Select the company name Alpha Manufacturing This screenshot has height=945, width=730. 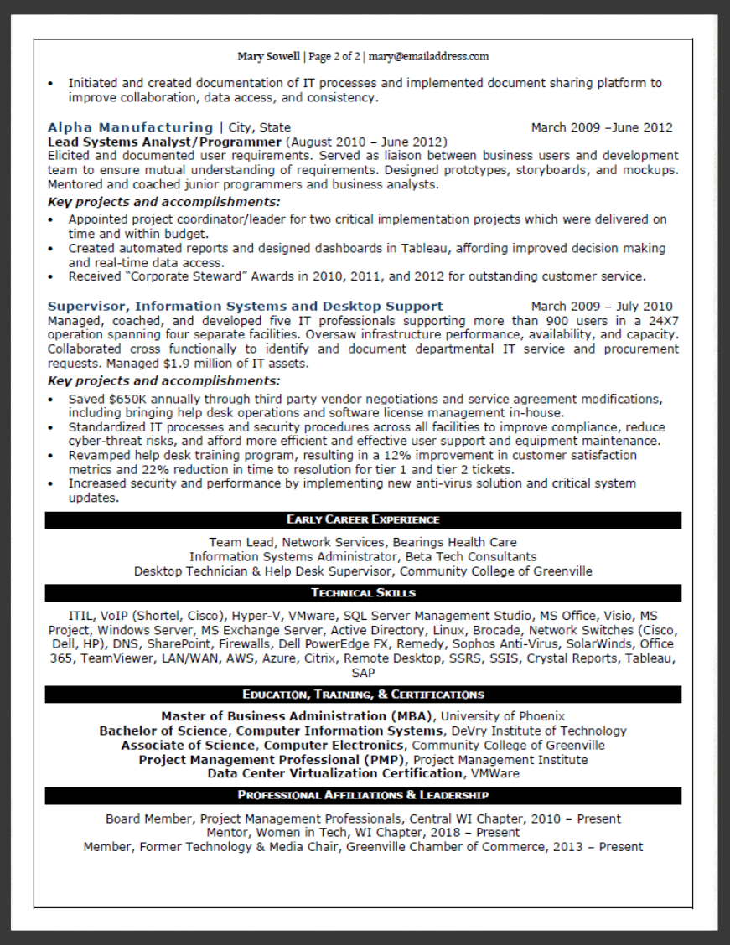click(130, 127)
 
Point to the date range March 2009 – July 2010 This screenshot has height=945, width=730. click(602, 307)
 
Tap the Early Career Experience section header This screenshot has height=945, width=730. click(363, 520)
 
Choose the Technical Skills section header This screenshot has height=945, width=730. click(363, 593)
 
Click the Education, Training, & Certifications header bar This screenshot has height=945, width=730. click(363, 695)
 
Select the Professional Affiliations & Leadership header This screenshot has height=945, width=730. click(363, 795)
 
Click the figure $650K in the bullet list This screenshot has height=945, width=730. click(122, 399)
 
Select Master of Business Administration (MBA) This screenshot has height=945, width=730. click(297, 716)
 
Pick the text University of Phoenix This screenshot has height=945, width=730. click(503, 716)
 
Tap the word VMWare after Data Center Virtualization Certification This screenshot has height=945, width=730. click(494, 774)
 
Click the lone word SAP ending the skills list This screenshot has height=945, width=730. click(363, 674)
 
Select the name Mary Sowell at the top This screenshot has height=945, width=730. click(268, 57)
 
